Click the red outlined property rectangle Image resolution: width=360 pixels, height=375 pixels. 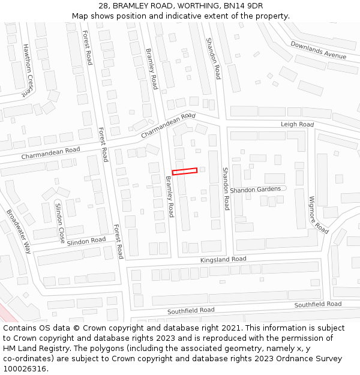click(x=185, y=171)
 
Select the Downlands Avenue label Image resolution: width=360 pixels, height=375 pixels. click(x=319, y=50)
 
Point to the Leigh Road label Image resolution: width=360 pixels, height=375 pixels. click(x=297, y=124)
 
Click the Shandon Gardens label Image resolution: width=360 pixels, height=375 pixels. click(x=255, y=190)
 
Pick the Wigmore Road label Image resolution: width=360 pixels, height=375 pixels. click(x=319, y=215)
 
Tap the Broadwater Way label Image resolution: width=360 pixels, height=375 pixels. click(x=19, y=232)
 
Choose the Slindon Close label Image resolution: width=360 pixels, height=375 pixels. click(x=59, y=222)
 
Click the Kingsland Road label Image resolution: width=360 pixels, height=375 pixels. click(x=223, y=259)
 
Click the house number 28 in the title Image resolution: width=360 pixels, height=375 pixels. click(x=104, y=6)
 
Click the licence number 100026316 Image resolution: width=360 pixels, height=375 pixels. click(x=25, y=369)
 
